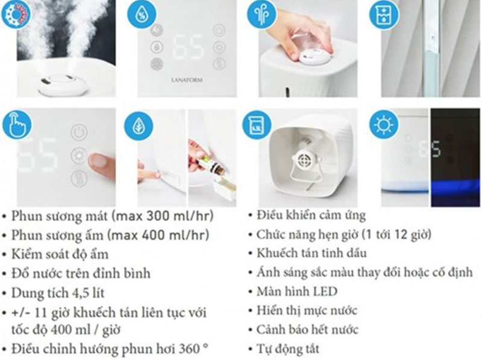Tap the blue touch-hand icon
click(16, 123)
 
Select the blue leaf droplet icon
click(139, 125)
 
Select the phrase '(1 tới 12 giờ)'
click(395, 234)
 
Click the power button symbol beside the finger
click(79, 132)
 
